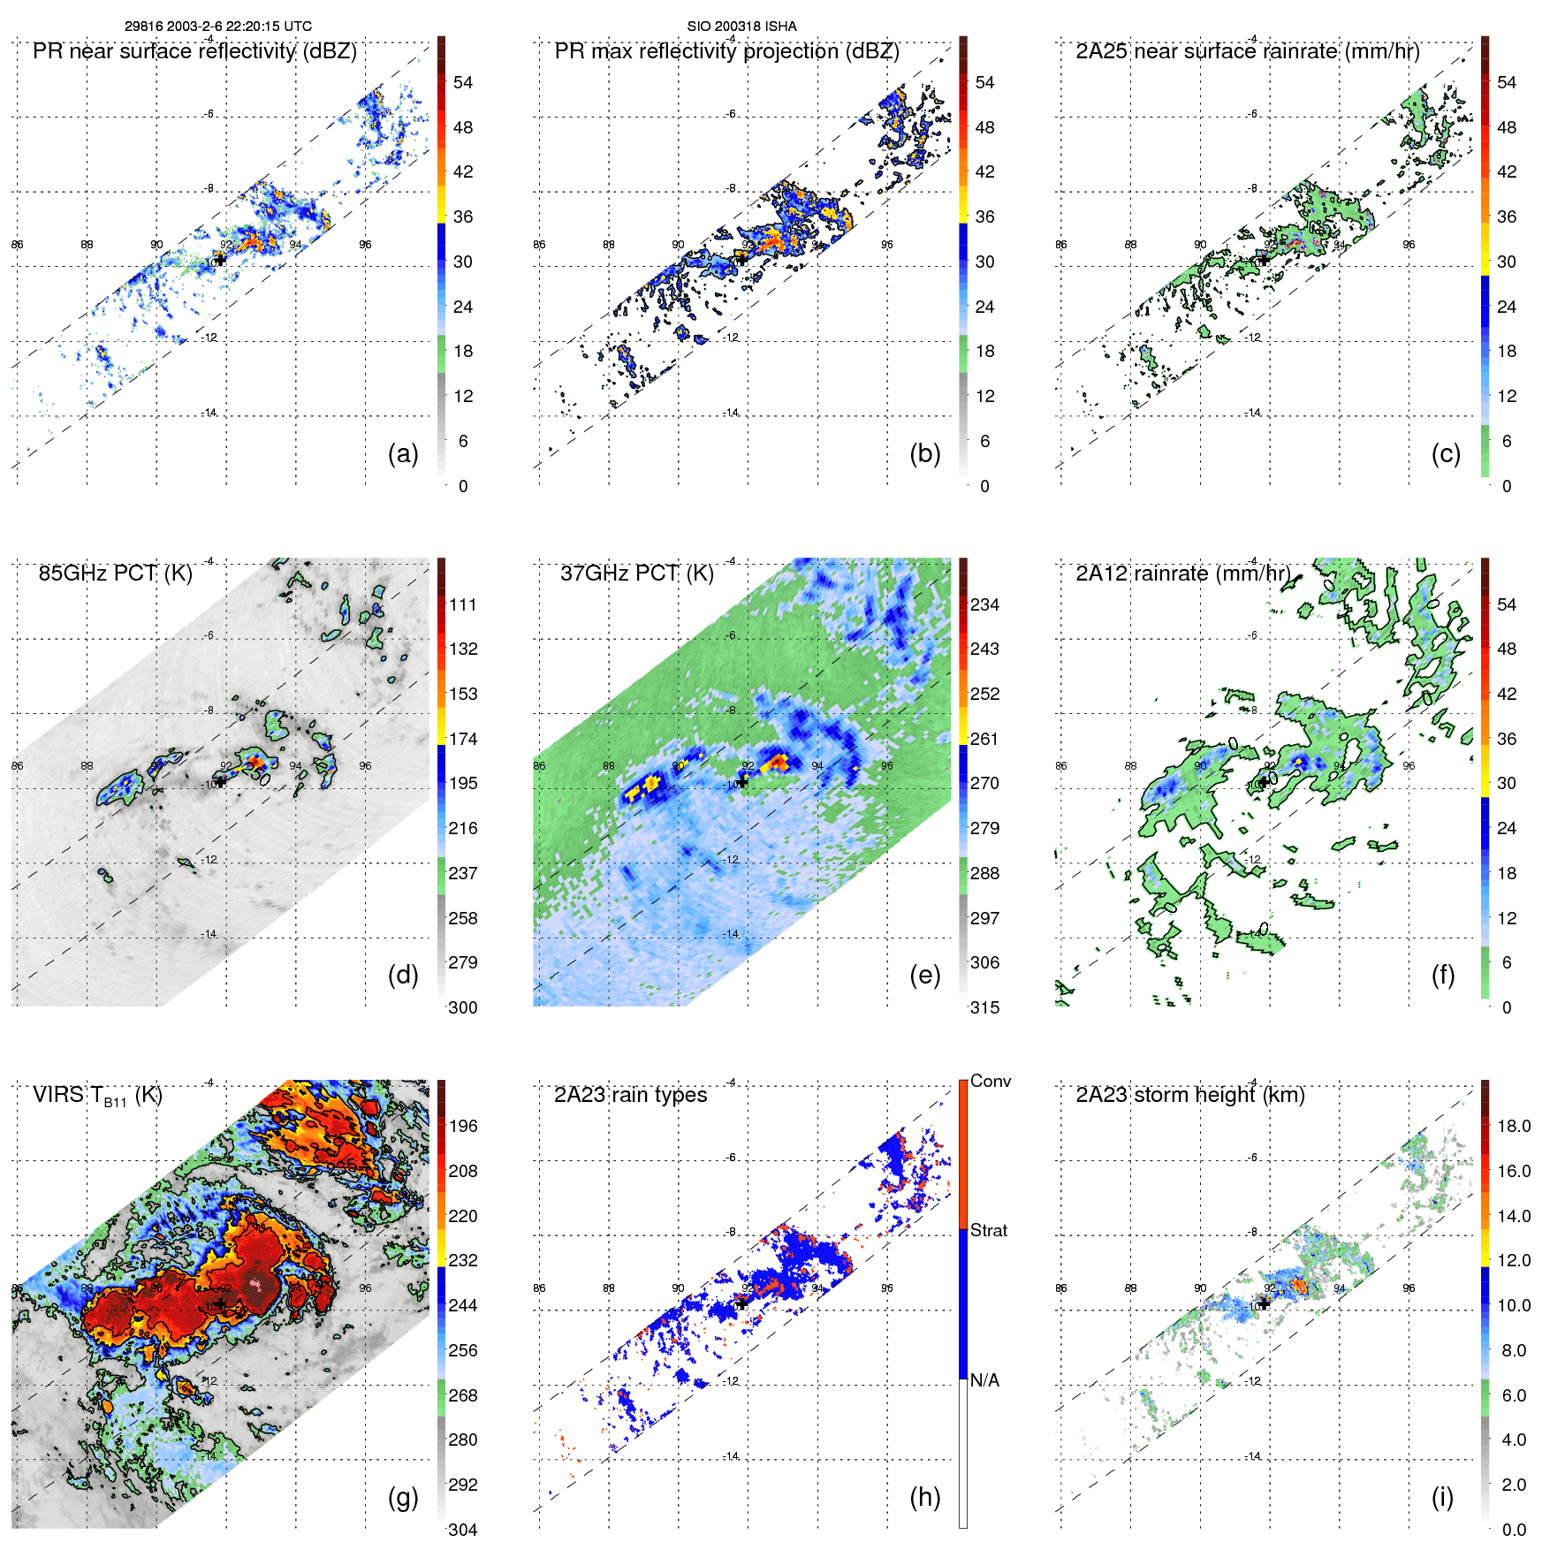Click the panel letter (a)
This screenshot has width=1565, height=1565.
pyautogui.click(x=403, y=453)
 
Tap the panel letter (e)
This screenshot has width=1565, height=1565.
pyautogui.click(x=924, y=975)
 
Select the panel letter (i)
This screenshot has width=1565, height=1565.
pyautogui.click(x=1442, y=1497)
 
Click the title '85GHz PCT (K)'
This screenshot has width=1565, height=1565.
pyautogui.click(x=115, y=573)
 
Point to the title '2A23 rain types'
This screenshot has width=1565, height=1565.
pyautogui.click(x=630, y=1095)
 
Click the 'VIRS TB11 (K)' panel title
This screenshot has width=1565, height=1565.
pyautogui.click(x=97, y=1096)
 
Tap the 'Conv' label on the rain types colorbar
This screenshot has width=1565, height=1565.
pyautogui.click(x=990, y=1081)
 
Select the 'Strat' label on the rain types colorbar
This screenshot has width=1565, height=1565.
pyautogui.click(x=988, y=1230)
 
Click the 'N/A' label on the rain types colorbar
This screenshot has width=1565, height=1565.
pyautogui.click(x=984, y=1380)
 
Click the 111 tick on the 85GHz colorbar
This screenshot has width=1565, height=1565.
pyautogui.click(x=463, y=604)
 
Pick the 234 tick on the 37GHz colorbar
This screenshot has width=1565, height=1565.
pyautogui.click(x=984, y=604)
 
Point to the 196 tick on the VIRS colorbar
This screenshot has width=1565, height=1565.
pyautogui.click(x=463, y=1126)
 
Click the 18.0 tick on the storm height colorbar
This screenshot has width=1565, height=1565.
pyautogui.click(x=1513, y=1126)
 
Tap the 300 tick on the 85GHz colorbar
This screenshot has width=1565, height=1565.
pyautogui.click(x=463, y=1007)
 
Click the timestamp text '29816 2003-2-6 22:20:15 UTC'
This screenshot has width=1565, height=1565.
pyautogui.click(x=217, y=27)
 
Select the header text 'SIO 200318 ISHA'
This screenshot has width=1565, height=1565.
pyautogui.click(x=741, y=27)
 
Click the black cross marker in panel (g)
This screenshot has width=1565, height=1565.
pyautogui.click(x=220, y=1303)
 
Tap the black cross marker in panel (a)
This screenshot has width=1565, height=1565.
pyautogui.click(x=220, y=260)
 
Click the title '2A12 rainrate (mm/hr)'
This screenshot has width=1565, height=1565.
pyautogui.click(x=1182, y=573)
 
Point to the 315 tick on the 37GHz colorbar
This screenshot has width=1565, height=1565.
pyautogui.click(x=984, y=1007)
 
